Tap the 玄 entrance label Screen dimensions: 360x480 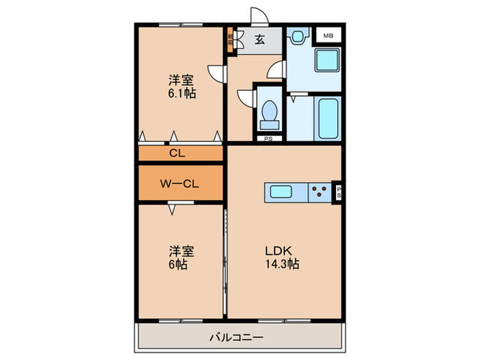[x=260, y=40]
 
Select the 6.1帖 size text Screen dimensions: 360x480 [x=182, y=93]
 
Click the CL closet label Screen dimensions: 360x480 [x=176, y=153]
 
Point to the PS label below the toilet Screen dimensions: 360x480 [x=269, y=139]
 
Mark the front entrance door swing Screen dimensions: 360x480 [x=259, y=17]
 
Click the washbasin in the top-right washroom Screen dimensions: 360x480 [x=297, y=38]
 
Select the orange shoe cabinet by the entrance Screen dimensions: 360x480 [x=231, y=40]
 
